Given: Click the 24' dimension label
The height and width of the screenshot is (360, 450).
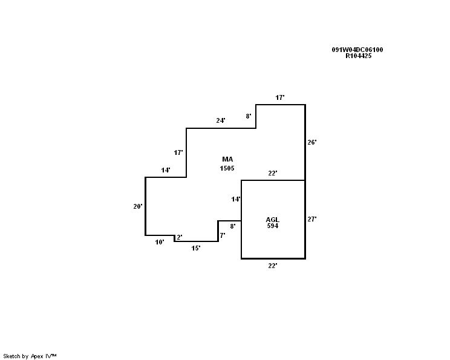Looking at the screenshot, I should tap(221, 121).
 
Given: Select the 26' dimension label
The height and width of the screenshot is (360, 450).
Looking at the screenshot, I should tap(311, 143).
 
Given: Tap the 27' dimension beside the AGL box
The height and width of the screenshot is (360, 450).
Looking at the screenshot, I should tap(311, 220).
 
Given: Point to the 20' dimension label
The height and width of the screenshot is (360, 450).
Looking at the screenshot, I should tap(138, 206).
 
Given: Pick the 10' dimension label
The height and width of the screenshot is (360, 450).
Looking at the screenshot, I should tap(160, 242).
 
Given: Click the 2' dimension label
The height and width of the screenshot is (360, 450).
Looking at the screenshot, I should tap(180, 238).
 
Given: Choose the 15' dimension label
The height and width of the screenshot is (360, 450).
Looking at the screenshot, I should tap(196, 248).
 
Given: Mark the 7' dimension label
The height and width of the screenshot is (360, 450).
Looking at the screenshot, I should tap(223, 235).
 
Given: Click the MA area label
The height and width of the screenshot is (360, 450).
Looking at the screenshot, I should tap(227, 160).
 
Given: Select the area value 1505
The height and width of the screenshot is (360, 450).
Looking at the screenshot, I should tap(227, 168).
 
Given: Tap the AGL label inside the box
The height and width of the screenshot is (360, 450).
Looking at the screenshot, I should tap(272, 219).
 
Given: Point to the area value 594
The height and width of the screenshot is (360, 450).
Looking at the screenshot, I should tap(272, 226).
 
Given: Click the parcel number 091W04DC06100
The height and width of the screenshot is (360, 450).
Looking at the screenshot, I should tap(357, 50).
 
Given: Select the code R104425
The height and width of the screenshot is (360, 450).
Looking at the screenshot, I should tap(359, 56).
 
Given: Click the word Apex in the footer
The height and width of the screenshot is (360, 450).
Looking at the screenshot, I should tap(37, 356).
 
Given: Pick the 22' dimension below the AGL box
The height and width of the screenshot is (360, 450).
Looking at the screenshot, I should tap(273, 266).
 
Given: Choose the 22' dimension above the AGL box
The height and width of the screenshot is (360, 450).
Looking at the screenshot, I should tap(273, 174).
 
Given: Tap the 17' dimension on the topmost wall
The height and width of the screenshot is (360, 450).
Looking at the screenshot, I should tap(280, 97).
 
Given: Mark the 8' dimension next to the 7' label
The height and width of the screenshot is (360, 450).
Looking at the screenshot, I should tap(233, 226).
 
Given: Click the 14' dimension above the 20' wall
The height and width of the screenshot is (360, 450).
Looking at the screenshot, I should tap(166, 171).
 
